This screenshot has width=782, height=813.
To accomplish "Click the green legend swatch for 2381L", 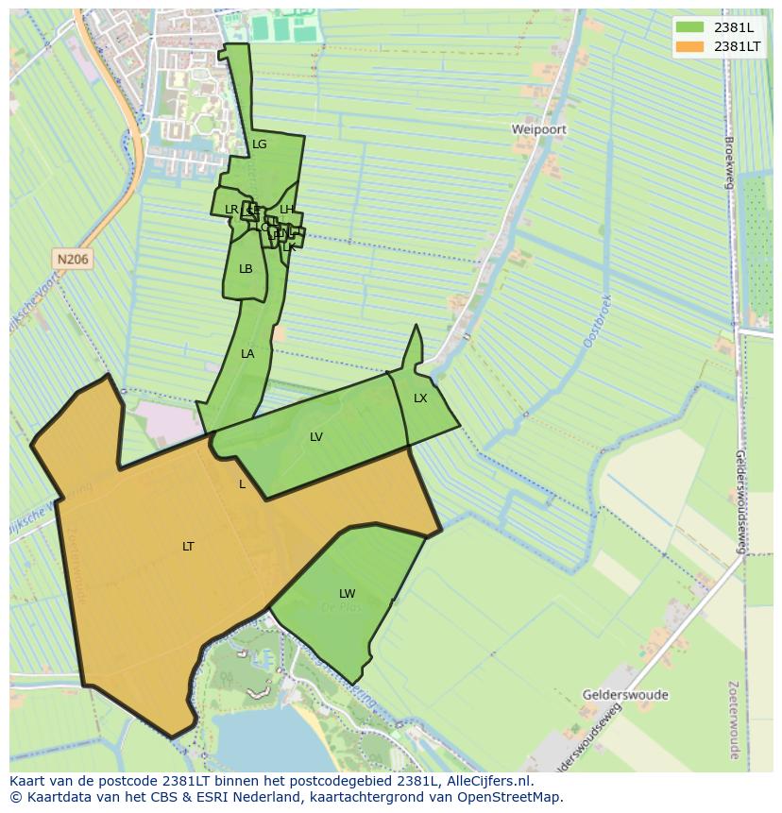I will click(690, 27).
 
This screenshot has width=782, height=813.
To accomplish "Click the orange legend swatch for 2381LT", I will click(690, 46).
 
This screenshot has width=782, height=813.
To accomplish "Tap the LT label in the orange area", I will click(188, 547).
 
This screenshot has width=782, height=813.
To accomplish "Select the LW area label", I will click(347, 594).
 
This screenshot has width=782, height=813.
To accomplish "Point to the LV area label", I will click(316, 437).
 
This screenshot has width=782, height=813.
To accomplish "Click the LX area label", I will click(420, 398).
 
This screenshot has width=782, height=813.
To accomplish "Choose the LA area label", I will click(247, 354).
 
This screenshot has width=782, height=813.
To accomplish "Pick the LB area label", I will click(246, 269).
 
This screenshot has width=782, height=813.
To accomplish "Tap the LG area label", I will click(260, 144).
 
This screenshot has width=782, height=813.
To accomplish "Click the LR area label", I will click(231, 210).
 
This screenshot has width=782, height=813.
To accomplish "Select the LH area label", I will click(286, 210).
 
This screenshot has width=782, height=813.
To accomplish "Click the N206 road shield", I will click(73, 259).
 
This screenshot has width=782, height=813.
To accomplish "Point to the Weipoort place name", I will click(539, 128).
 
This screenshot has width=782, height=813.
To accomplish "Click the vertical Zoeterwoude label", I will click(734, 720).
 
